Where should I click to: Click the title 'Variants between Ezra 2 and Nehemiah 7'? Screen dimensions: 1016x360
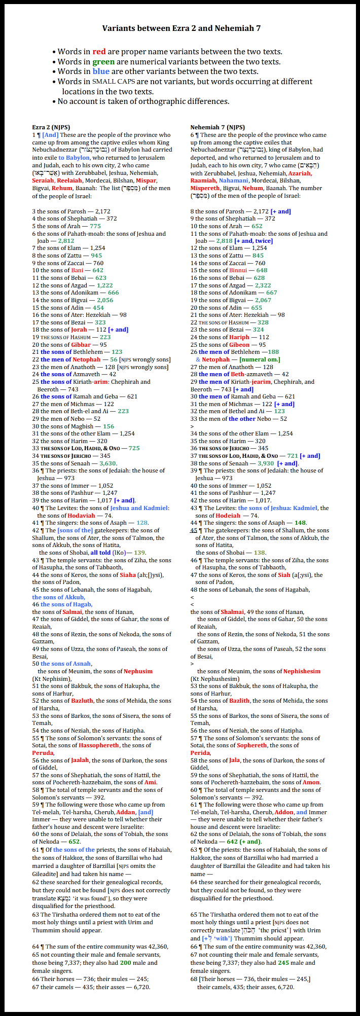coord(182,28)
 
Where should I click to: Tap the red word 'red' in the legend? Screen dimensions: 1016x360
coord(99,52)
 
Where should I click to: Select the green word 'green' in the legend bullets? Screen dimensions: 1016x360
coord(103,62)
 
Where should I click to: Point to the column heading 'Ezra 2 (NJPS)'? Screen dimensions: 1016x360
coord(51,127)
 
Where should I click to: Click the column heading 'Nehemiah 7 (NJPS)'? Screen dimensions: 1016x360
coord(218,127)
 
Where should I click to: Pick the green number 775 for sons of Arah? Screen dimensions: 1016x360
coord(95,226)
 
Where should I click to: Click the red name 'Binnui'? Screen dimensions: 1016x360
coord(238,270)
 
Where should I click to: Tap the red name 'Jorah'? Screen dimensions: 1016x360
coord(79,330)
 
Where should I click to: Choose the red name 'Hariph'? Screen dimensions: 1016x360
coord(239,337)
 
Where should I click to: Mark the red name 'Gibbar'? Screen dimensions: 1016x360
coord(81,344)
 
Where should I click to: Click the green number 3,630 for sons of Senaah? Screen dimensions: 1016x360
coord(108,463)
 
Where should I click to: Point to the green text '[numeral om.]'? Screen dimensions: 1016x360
coord(259,359)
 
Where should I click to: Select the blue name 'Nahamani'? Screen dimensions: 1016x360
coord(234,180)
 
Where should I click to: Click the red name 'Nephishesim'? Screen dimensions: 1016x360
coord(302,671)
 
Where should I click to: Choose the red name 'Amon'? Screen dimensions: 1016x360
coord(311,782)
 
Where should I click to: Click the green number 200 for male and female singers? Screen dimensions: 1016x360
coord(125,963)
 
